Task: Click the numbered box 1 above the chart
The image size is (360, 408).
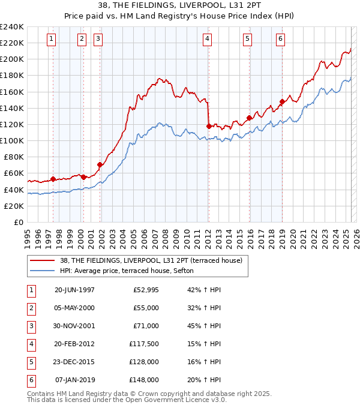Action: (x=51, y=40)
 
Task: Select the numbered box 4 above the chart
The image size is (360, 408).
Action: (x=206, y=40)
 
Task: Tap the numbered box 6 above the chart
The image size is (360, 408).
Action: (x=280, y=40)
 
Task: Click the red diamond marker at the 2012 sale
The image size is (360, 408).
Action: (x=209, y=127)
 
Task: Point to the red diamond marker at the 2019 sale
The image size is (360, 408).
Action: (x=281, y=101)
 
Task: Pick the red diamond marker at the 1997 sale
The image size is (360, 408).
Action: (x=53, y=179)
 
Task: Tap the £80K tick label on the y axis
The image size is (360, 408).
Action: (x=13, y=157)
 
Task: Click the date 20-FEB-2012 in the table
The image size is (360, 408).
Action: (x=74, y=344)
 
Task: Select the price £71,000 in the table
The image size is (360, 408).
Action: (x=146, y=326)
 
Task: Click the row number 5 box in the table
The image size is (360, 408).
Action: (x=29, y=362)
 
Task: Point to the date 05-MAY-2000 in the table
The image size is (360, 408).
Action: (x=74, y=308)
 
